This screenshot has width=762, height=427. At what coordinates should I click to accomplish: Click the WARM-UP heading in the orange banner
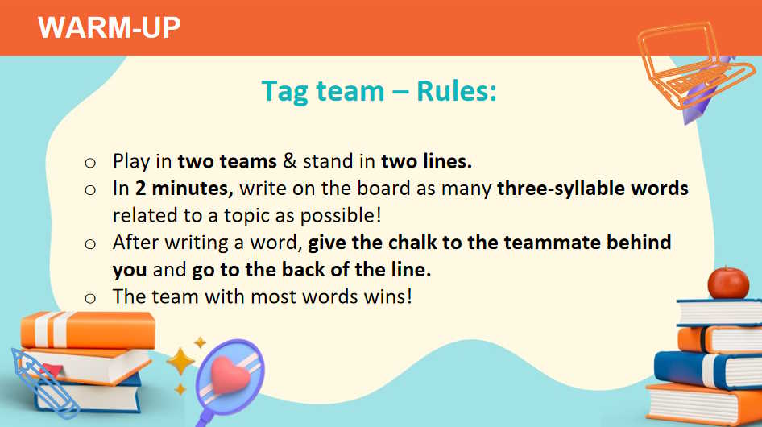coord(110,27)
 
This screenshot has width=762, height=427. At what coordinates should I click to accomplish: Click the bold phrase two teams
coord(227,161)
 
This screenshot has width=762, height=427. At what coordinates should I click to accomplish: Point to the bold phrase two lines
coord(426,161)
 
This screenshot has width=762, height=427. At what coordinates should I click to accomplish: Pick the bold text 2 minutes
coord(184,189)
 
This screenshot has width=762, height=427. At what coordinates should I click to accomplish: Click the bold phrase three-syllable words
coord(592,189)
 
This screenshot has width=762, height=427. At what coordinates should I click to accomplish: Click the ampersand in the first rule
coord(290,161)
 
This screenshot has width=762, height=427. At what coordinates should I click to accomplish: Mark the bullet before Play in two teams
coord(90,163)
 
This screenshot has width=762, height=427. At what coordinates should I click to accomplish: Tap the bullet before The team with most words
coord(90,298)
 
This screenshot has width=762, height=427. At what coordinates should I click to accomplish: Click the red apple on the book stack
coord(728,283)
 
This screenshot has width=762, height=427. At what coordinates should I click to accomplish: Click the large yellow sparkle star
coord(180,362)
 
